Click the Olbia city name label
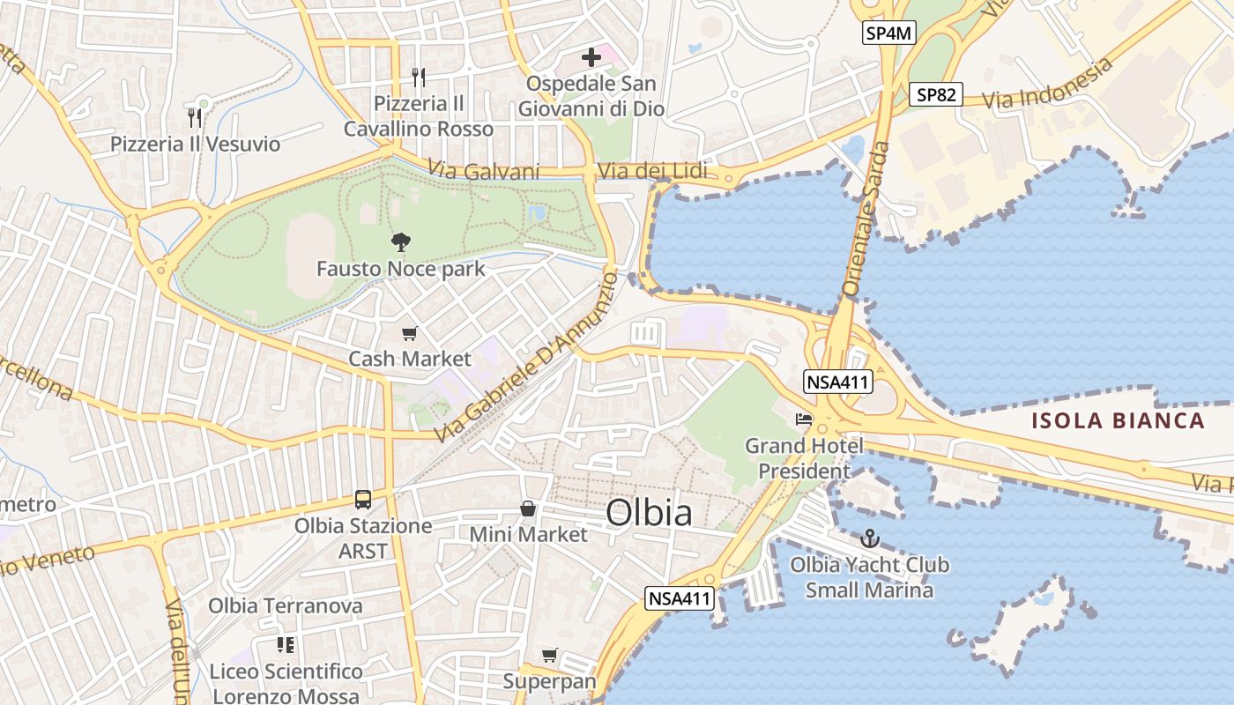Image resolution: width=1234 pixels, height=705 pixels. pos(649,512)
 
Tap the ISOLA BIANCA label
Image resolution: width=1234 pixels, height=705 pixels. pos(1118,420)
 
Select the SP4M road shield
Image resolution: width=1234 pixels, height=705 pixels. pos(888,33)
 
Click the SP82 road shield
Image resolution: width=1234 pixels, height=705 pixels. pos(935,94)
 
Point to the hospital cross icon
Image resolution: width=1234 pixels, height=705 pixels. pos(591,57)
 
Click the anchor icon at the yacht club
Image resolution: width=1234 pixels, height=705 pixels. pos(870,538)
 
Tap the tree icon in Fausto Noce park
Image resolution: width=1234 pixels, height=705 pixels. pos(401,242)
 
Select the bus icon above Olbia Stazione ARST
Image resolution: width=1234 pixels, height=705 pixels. pos(363,500)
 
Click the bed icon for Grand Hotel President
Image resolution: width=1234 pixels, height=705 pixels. pos(803,419)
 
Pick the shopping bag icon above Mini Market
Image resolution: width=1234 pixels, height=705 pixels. pos(528,508)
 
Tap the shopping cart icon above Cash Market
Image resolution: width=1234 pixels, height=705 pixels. pos(409,333)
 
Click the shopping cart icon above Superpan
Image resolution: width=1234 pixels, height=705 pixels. pos(550,656)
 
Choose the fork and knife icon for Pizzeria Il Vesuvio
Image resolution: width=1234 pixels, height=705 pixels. pos(195,117)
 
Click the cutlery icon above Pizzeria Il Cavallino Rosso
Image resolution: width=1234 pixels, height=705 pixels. pos(419,78)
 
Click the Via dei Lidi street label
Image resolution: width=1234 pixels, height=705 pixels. pos(652,171)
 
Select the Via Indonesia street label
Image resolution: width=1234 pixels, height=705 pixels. pos(1047,85)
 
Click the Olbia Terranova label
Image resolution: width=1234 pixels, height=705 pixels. pos(285,605)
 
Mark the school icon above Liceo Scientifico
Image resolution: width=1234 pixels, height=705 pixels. pos(285,645)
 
